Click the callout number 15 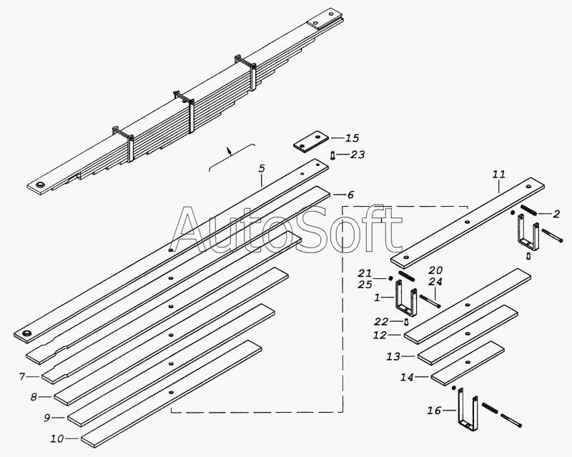pyautogui.click(x=352, y=138)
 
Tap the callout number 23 pyautogui.click(x=357, y=154)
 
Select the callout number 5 pyautogui.click(x=262, y=169)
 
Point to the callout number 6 pyautogui.click(x=350, y=195)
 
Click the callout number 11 pyautogui.click(x=498, y=174)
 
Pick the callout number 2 pyautogui.click(x=556, y=214)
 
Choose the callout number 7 pyautogui.click(x=22, y=376)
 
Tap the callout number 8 pyautogui.click(x=34, y=396)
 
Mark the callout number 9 pyautogui.click(x=46, y=417)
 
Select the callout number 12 pyautogui.click(x=379, y=335)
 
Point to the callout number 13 pyautogui.click(x=393, y=355)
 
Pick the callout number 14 pyautogui.click(x=406, y=376)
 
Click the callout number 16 pyautogui.click(x=433, y=411)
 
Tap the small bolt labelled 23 pyautogui.click(x=334, y=154)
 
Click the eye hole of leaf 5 pyautogui.click(x=29, y=335)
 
